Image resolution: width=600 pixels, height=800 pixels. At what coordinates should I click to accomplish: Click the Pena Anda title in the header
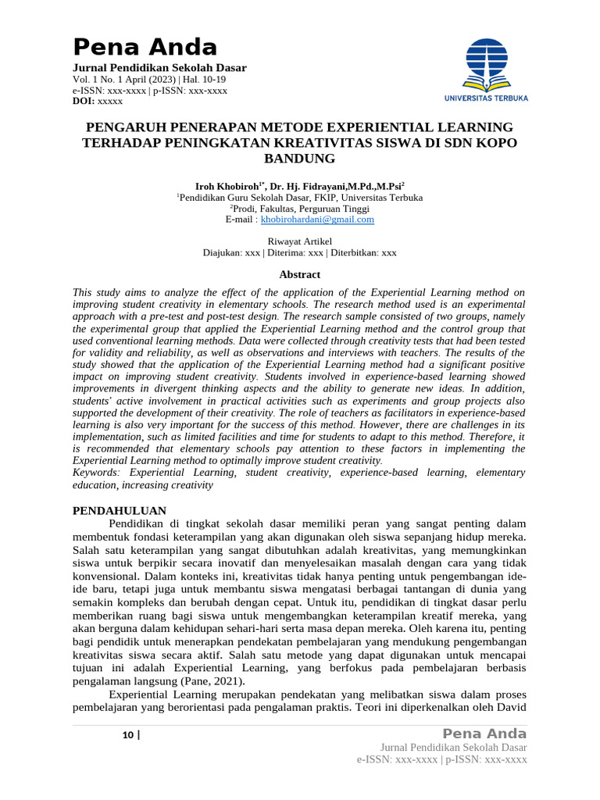pyautogui.click(x=145, y=47)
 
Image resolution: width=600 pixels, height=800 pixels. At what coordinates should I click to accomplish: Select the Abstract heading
pyautogui.click(x=300, y=274)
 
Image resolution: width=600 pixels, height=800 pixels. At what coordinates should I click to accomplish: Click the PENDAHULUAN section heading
pyautogui.click(x=120, y=510)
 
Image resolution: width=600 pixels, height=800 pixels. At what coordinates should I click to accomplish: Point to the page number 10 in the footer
pyautogui.click(x=127, y=735)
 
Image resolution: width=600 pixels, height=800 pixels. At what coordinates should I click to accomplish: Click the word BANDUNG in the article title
pyautogui.click(x=300, y=159)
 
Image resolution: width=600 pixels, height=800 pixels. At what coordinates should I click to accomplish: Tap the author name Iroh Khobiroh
pyautogui.click(x=228, y=186)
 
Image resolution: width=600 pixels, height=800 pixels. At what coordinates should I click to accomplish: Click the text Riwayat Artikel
pyautogui.click(x=300, y=241)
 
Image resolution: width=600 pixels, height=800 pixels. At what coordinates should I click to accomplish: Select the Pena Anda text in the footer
pyautogui.click(x=484, y=734)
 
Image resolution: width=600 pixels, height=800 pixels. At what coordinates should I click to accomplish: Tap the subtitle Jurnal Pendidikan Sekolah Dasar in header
pyautogui.click(x=159, y=68)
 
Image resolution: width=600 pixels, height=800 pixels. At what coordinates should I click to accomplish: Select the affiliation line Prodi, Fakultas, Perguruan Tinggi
pyautogui.click(x=300, y=209)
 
